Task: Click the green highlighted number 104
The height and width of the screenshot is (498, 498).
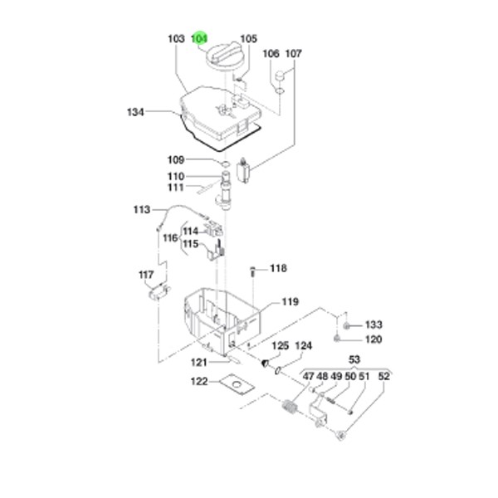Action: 199,38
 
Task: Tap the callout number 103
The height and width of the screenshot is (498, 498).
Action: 175,38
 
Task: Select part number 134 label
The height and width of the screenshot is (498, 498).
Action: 136,112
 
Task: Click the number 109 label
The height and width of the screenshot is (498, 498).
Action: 175,159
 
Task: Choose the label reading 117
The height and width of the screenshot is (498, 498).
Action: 146,274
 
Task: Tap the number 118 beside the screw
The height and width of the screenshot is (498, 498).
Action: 277,268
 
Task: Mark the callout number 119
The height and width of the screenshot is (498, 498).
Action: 289,301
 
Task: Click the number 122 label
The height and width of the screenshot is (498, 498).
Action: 199,382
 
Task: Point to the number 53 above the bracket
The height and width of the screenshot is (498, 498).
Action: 354,359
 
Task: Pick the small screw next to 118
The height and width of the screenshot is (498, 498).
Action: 252,270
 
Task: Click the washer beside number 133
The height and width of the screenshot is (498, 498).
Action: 349,325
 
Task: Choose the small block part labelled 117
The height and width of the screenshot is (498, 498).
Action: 156,291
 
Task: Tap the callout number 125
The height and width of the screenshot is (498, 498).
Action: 279,345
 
